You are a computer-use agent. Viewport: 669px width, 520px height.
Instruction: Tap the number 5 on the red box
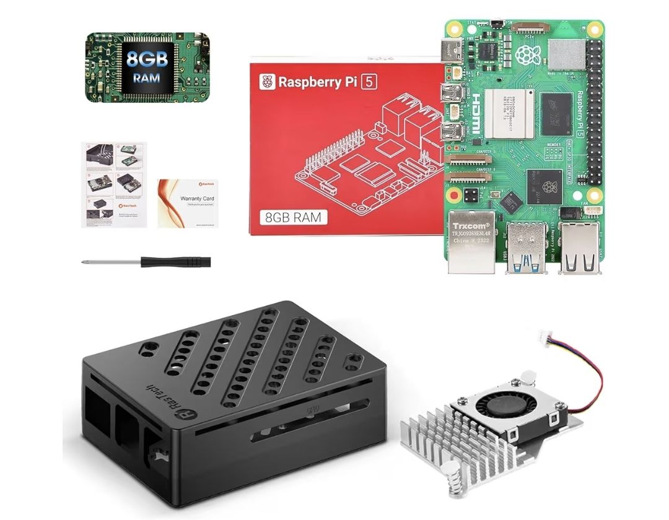[385, 81]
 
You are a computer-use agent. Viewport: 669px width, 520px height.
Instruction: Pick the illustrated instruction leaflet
[115, 184]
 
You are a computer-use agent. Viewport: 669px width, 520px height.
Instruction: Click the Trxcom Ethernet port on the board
[471, 245]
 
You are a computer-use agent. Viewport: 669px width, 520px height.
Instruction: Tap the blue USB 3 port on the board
[526, 248]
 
